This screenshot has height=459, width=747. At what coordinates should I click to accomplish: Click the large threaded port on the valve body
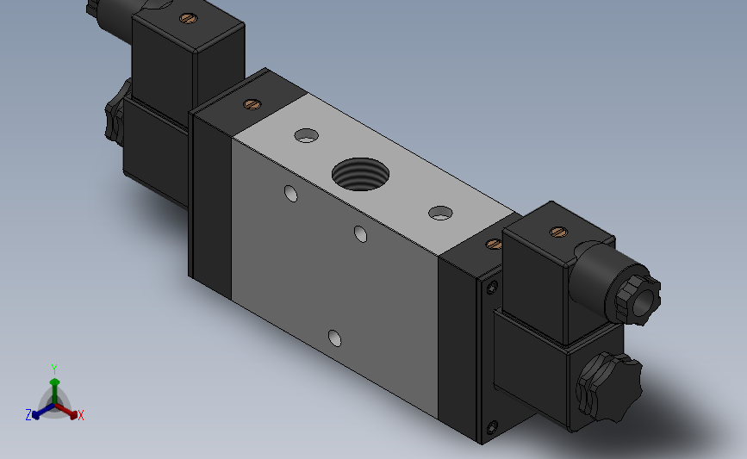pyautogui.click(x=360, y=174)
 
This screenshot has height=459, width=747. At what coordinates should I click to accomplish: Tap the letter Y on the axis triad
pyautogui.click(x=53, y=369)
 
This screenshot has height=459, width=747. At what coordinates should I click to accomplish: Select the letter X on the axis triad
pyautogui.click(x=80, y=415)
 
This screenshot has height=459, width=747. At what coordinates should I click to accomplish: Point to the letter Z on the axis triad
pyautogui.click(x=28, y=415)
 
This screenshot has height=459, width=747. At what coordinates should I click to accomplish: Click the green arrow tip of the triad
pyautogui.click(x=55, y=381)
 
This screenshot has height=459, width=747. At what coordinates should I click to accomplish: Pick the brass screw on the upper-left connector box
pyautogui.click(x=188, y=19)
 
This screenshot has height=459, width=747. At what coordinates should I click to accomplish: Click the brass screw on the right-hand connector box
pyautogui.click(x=558, y=232)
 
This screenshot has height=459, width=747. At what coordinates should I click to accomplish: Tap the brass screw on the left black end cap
pyautogui.click(x=252, y=104)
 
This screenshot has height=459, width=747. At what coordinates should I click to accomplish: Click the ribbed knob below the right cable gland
pyautogui.click(x=609, y=387)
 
